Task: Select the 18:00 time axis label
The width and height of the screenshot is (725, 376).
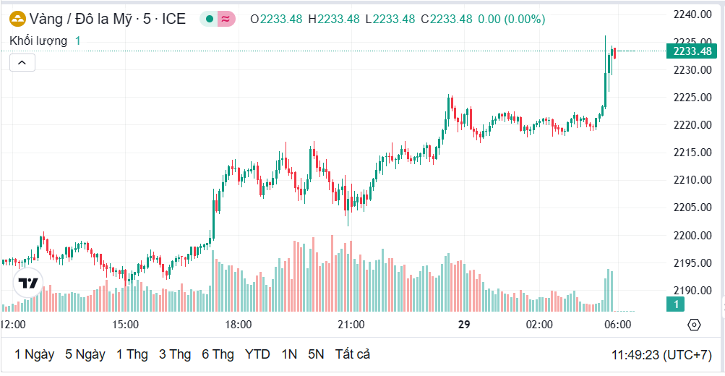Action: point(239,325)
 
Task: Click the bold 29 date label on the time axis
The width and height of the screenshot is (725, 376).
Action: point(464,325)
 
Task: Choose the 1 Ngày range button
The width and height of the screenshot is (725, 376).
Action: point(34,354)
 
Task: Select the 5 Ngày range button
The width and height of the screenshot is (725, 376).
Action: point(85,354)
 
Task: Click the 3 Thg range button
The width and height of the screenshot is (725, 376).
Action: point(175,354)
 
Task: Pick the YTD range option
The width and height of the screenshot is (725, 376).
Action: point(257,354)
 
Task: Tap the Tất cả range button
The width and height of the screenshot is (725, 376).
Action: point(353,354)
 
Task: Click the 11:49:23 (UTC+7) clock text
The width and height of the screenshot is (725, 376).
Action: point(661,355)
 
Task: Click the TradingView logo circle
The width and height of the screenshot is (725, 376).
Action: point(28,283)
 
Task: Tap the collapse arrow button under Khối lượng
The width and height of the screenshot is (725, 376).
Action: point(22,63)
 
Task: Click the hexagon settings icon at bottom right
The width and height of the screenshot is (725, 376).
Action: point(694,325)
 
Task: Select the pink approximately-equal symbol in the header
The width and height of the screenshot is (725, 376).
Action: point(226,19)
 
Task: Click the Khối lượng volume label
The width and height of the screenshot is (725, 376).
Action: point(38,41)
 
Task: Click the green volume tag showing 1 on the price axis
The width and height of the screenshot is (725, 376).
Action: point(676,304)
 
